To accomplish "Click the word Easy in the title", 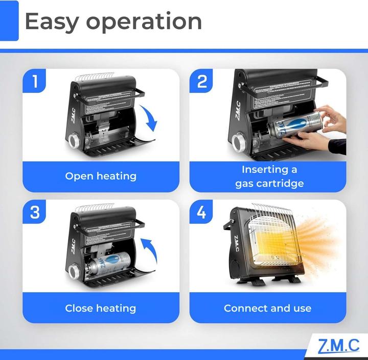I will point(51,21).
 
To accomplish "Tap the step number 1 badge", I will point(35,82).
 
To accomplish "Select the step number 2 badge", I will point(202,82).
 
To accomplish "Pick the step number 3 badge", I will point(35,212).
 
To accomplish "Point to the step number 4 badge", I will point(202,212).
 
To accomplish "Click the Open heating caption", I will point(101,176).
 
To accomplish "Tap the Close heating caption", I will point(101,308).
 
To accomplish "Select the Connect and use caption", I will point(267,308).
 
